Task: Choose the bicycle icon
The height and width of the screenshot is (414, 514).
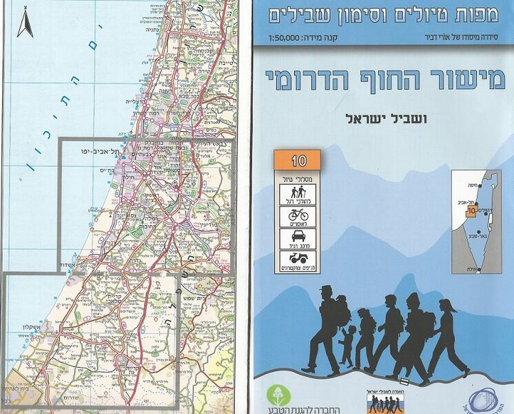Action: tap(298, 216)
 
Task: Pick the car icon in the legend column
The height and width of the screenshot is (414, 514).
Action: tap(298, 239)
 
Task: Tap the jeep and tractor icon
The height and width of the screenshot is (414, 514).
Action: tap(298, 263)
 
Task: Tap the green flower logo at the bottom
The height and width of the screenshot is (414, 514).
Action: tap(278, 395)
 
